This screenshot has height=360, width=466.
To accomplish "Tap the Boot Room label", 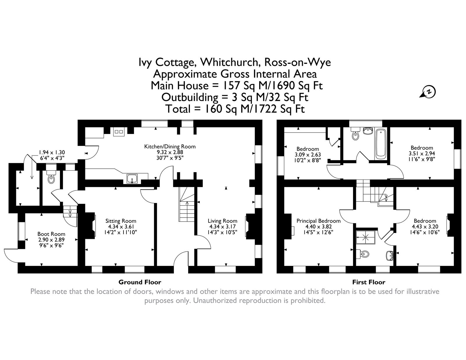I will point(51,234).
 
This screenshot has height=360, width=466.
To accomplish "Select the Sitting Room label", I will point(121,221).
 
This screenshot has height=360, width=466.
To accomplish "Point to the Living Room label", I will point(223,221).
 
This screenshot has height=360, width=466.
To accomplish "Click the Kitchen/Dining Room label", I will point(170,147).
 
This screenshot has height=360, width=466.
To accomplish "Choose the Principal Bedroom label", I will point(318,221).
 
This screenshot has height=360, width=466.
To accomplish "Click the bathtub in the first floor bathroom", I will point(381,144).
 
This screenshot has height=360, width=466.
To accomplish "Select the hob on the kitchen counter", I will point(119,132).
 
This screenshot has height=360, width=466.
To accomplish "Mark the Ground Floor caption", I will point(140,282).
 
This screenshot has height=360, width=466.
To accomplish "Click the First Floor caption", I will point(369,282).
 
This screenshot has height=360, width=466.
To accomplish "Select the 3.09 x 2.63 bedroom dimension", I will point(308,155).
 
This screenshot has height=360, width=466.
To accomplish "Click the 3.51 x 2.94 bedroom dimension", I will point(422,153).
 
